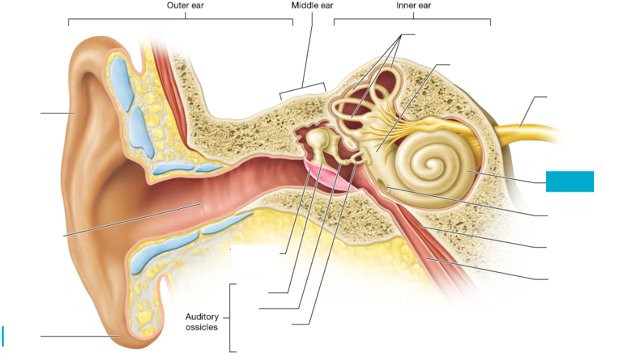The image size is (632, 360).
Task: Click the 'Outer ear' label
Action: pyautogui.click(x=185, y=6)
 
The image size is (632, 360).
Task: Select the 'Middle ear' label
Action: pyautogui.click(x=312, y=6)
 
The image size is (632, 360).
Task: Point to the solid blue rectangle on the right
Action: pyautogui.click(x=570, y=181)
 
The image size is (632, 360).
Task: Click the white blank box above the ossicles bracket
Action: pyautogui.click(x=254, y=259)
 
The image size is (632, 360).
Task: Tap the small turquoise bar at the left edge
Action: pyautogui.click(x=3, y=336)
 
